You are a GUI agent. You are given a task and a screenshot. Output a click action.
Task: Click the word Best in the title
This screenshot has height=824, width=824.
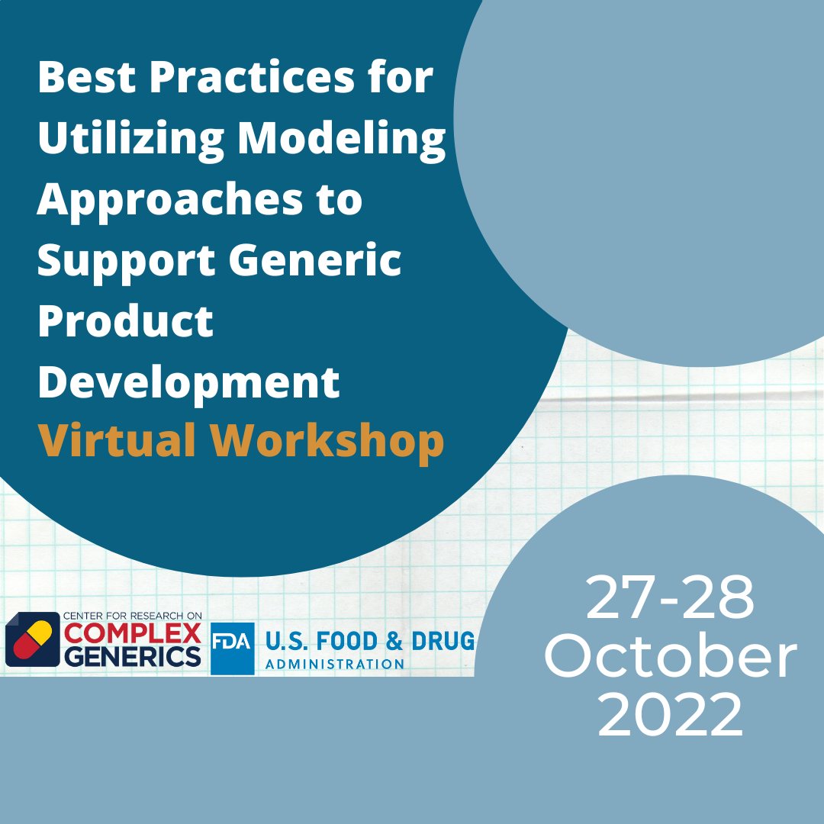(x=84, y=78)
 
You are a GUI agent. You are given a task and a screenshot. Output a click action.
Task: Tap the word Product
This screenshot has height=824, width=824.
(x=125, y=321)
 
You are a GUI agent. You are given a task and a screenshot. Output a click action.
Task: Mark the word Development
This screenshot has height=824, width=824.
(x=188, y=382)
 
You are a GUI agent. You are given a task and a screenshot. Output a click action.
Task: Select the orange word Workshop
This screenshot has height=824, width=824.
(x=327, y=441)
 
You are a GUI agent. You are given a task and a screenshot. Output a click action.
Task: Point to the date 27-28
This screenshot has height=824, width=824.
(x=670, y=599)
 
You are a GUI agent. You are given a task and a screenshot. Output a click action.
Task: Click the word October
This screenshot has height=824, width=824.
(x=670, y=658)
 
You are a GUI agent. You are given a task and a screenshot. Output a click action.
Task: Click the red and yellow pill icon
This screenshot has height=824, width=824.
(x=32, y=639)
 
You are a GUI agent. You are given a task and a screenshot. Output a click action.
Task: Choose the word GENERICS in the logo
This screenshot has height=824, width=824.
(x=132, y=657)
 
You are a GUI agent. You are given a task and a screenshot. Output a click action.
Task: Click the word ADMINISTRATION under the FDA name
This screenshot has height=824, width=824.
(x=334, y=664)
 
